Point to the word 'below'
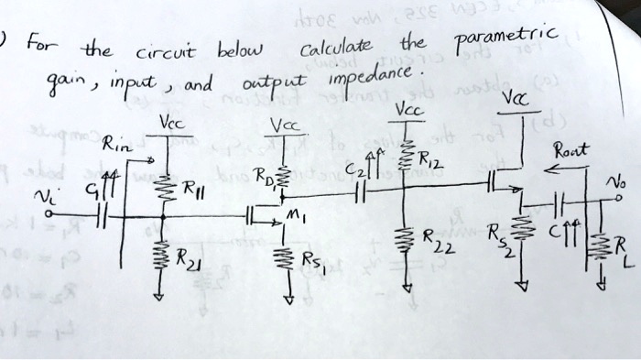tap(239, 48)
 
